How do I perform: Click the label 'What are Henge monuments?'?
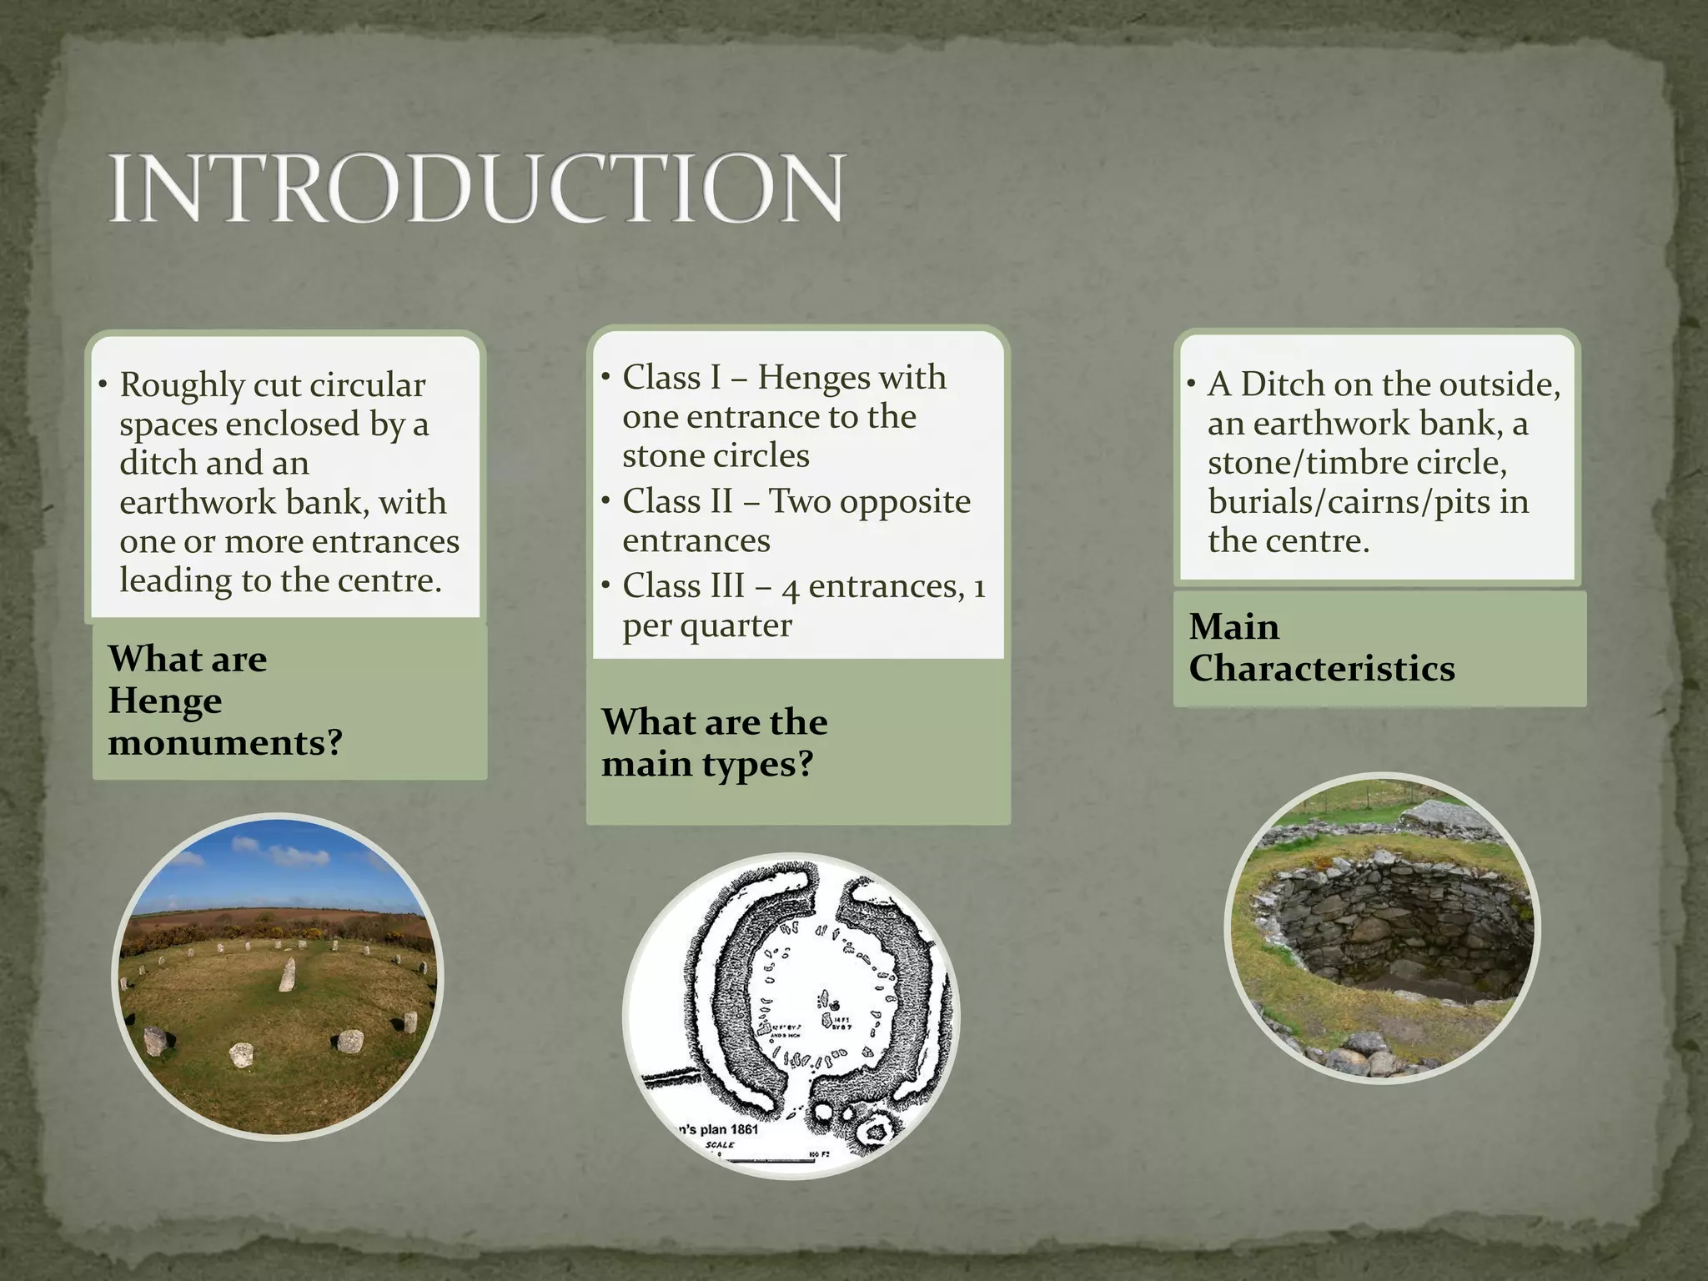[225, 701]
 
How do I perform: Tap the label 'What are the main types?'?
[714, 742]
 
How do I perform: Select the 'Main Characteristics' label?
[1321, 647]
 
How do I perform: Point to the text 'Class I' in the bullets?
[671, 378]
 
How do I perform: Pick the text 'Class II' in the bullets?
[677, 501]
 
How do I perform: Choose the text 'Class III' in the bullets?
[683, 585]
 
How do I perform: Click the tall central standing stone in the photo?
[288, 973]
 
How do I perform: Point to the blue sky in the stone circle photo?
[275, 867]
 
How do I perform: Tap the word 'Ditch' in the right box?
[1282, 384]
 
